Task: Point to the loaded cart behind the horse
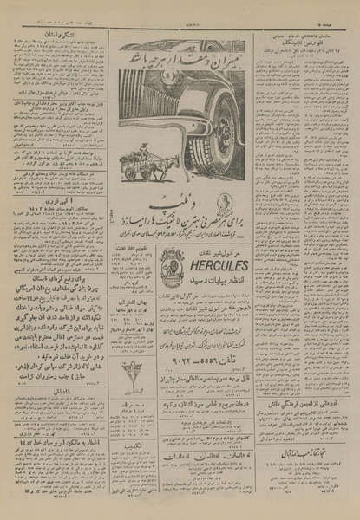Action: pos(136,167)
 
